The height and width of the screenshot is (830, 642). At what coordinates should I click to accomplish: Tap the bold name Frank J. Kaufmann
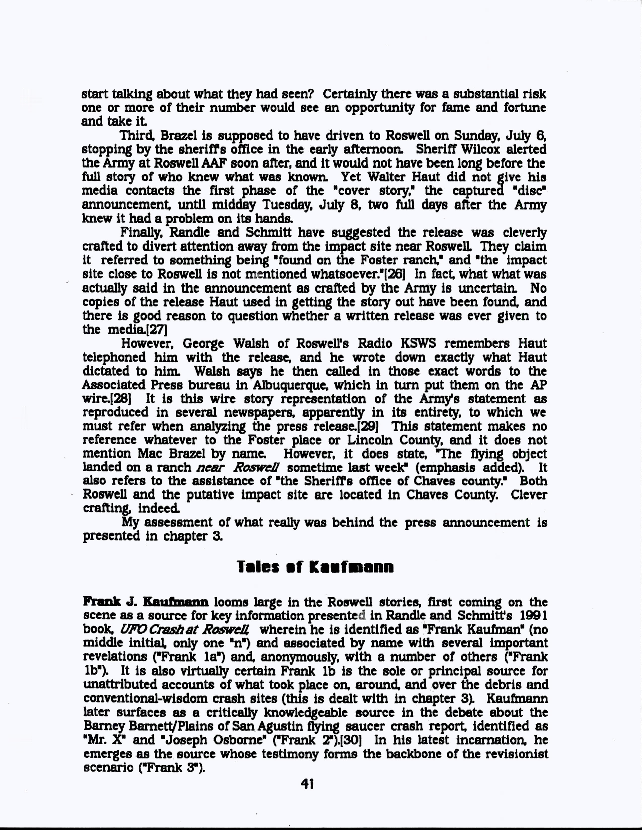pos(146,602)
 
